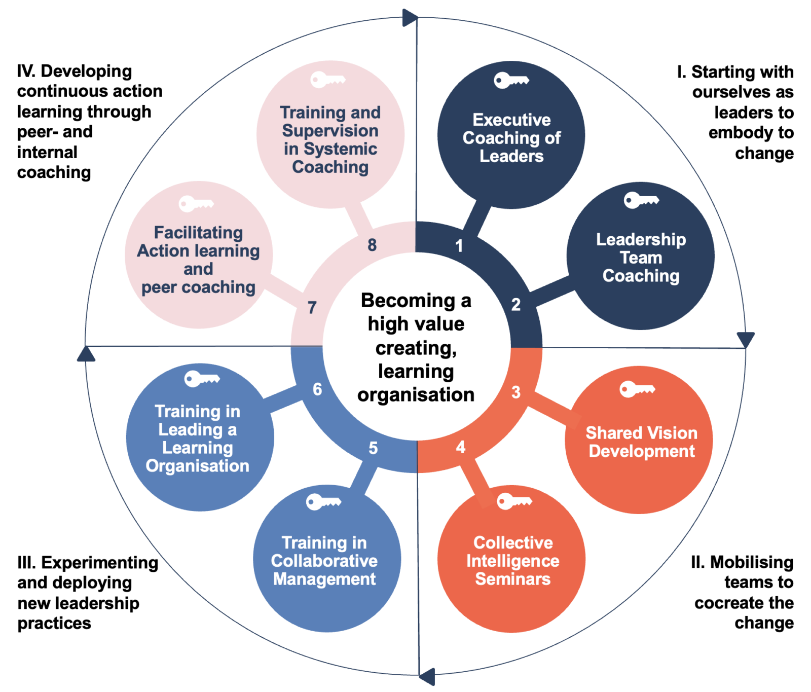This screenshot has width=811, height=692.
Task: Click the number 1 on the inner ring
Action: pos(459,246)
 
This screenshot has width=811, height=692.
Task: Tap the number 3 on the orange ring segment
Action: pos(516,392)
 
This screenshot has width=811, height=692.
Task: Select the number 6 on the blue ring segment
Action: pos(317,389)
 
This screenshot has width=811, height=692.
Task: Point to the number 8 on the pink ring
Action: pos(372,245)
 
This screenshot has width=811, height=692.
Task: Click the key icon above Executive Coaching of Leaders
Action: pos(511,80)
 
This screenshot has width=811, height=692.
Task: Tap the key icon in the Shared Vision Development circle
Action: pos(637,389)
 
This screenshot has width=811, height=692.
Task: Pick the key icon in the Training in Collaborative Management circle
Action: pos(323,502)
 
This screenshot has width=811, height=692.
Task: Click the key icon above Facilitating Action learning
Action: pos(196,204)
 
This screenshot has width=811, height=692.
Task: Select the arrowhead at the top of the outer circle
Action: pos(410,18)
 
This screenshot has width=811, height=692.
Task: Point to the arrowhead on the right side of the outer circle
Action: pos(746,339)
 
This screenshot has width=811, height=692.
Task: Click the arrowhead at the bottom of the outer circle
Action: pos(427,676)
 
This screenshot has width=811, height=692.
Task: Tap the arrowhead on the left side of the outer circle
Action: pos(86,354)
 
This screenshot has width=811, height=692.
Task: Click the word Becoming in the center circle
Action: pos(408,301)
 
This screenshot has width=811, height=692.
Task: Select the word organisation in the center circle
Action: pos(416,394)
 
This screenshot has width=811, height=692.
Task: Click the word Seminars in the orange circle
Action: pos(512,579)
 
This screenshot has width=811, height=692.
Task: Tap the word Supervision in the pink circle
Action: pos(330,131)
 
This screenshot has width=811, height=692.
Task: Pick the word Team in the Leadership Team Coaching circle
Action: pos(641,258)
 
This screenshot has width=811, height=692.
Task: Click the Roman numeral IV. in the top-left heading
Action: pos(26,71)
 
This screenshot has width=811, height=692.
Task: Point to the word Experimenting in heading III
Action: pos(99,563)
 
